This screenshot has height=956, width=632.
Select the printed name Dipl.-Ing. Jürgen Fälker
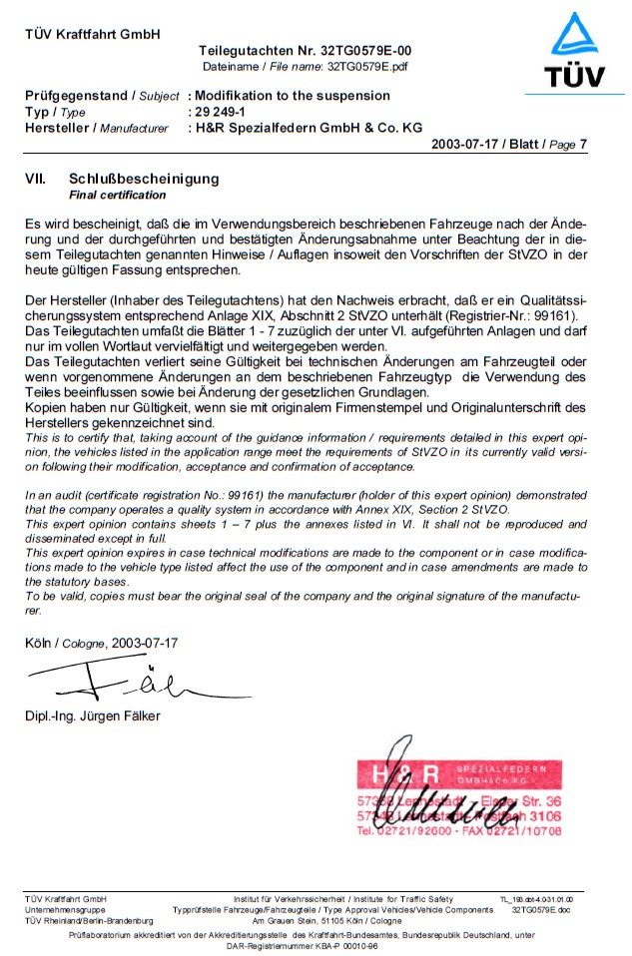tap(92, 716)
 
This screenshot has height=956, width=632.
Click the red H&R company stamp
tap(459, 799)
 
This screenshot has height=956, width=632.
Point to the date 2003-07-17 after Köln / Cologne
tap(145, 644)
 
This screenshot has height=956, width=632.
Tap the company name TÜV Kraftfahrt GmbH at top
tap(92, 35)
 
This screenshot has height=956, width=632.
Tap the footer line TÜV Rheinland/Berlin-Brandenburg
tap(89, 921)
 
